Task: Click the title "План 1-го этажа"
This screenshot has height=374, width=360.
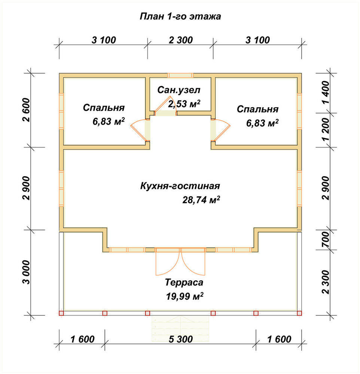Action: tap(180, 16)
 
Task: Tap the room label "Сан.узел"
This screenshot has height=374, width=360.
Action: tap(179, 90)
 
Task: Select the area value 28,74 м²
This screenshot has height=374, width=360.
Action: tap(201, 200)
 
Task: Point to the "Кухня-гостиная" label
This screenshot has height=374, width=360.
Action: tap(180, 186)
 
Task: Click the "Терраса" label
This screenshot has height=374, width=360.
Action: tap(184, 282)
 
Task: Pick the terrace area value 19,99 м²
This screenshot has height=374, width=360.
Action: tap(184, 296)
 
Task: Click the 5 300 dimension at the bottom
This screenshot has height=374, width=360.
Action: tap(180, 339)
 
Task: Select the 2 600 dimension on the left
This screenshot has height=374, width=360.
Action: tap(27, 110)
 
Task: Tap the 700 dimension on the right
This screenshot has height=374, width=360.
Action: tap(325, 240)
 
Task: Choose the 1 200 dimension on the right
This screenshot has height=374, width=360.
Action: tap(325, 129)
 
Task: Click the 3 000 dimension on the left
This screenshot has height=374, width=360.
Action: tap(27, 272)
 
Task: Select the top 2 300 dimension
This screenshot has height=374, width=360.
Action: tap(181, 40)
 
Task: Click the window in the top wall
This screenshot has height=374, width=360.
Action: tap(180, 76)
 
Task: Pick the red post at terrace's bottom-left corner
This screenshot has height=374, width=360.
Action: tap(61, 313)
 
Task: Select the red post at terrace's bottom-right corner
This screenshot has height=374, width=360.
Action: tap(299, 313)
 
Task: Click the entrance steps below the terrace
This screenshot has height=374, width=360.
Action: tap(180, 329)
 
